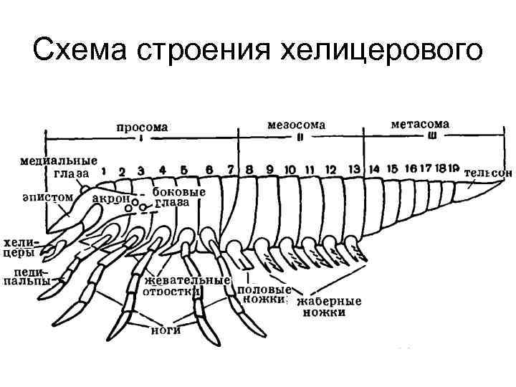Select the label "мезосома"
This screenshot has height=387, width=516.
(296, 125)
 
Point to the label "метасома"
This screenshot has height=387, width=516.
(420, 124)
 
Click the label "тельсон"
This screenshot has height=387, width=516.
(488, 173)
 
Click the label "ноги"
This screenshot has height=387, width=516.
(165, 330)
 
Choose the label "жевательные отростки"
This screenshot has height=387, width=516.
(186, 285)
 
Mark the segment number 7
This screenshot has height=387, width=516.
(230, 170)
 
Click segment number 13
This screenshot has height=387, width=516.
(353, 169)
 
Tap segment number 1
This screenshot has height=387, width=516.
(105, 171)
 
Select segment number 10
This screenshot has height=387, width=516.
(290, 170)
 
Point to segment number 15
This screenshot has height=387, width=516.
(391, 168)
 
